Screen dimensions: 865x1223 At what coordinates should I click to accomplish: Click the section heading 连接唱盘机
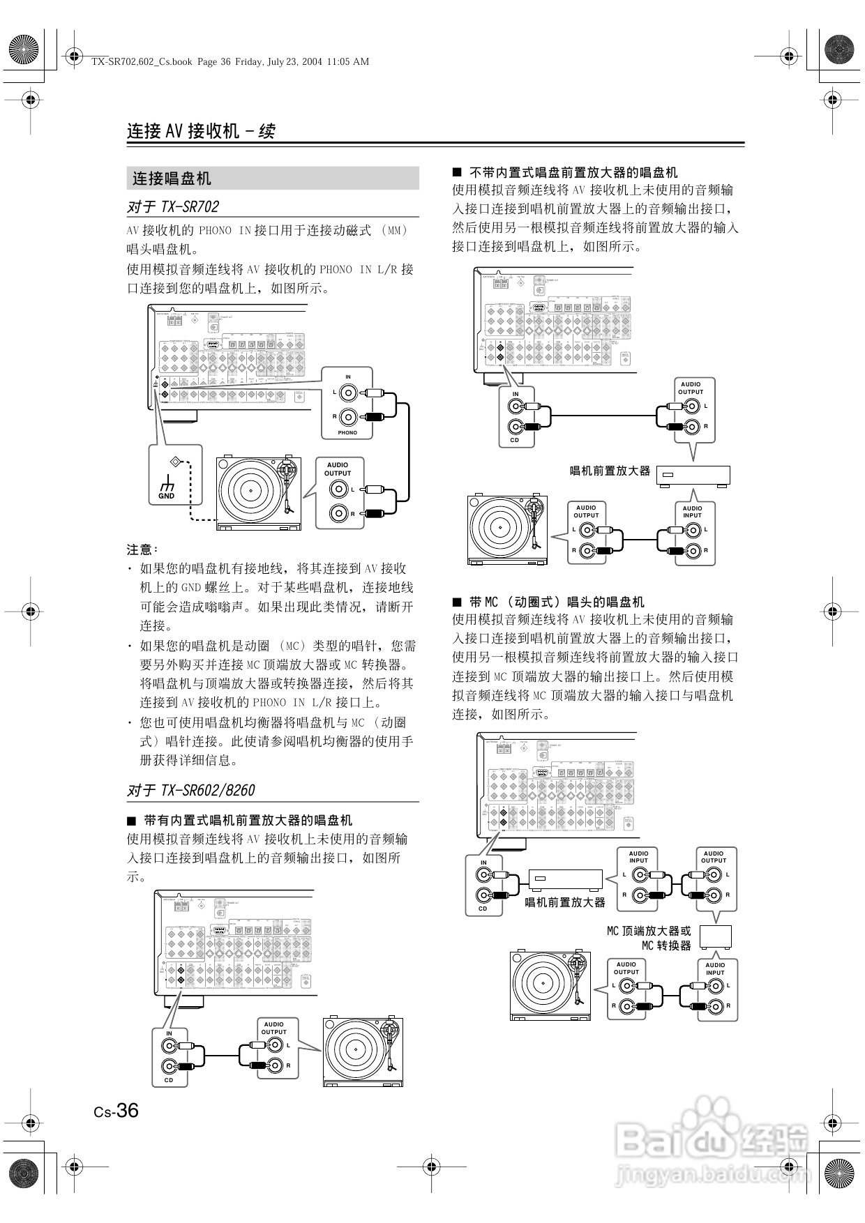click(172, 178)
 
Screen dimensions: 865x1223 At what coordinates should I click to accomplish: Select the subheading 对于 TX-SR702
click(173, 207)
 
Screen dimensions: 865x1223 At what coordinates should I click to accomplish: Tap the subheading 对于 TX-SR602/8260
click(191, 790)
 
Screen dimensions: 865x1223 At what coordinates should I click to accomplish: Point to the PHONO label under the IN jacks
click(347, 432)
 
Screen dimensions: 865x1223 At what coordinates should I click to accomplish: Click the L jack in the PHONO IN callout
click(349, 393)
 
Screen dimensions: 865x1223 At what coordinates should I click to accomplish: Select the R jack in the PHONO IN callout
click(349, 417)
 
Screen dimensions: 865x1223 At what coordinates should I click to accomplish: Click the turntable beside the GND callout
click(259, 493)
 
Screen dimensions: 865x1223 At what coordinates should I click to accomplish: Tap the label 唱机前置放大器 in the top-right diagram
click(610, 471)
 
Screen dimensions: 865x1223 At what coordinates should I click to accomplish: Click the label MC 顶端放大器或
click(649, 930)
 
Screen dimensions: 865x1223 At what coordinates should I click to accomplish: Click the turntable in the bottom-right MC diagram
click(550, 985)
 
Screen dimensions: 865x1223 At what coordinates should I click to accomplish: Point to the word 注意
click(142, 549)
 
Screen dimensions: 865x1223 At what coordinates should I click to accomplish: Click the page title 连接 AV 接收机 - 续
click(201, 131)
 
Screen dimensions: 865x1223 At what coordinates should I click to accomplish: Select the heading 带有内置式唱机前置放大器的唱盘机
click(248, 820)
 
